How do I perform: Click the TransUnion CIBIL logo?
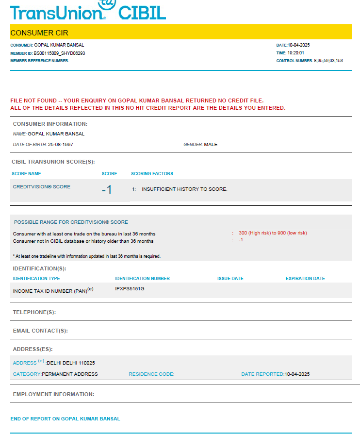88,11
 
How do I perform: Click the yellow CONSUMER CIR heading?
39,33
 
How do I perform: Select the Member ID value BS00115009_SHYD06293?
60,53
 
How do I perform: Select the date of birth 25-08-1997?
61,145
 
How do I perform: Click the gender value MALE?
211,145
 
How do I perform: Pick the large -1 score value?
107,190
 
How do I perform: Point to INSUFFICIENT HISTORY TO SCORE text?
184,189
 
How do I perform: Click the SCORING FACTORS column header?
152,173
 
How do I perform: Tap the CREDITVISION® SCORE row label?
42,187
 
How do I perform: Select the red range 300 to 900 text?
273,233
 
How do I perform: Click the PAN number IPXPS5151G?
130,289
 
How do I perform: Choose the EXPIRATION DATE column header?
305,279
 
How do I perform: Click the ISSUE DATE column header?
230,279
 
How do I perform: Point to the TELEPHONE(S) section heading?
34,312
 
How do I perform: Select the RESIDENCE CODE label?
151,374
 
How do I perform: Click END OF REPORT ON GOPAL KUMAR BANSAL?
65,418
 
